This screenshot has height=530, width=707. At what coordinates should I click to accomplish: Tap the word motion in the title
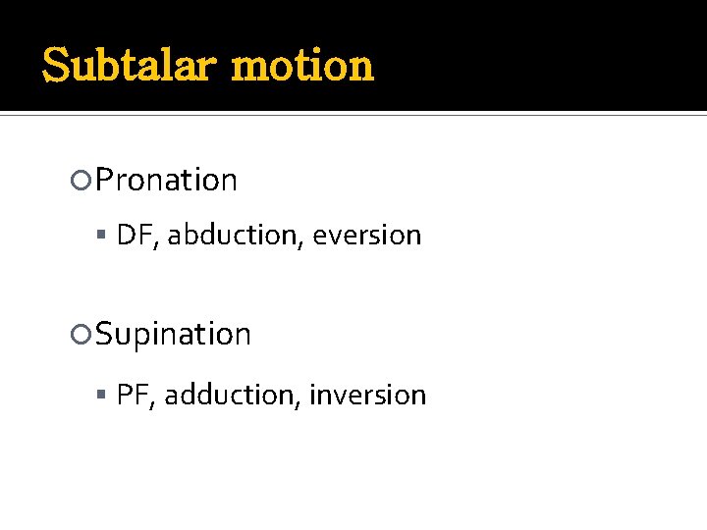click(x=302, y=66)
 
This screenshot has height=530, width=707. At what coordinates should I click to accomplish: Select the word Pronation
click(x=167, y=181)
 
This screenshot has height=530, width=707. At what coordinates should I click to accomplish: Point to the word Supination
click(x=174, y=335)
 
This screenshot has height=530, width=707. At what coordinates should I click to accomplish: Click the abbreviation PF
click(x=130, y=395)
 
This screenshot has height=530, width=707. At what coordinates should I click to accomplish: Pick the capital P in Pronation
click(x=106, y=181)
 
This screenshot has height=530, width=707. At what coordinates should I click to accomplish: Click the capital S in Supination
click(x=105, y=335)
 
